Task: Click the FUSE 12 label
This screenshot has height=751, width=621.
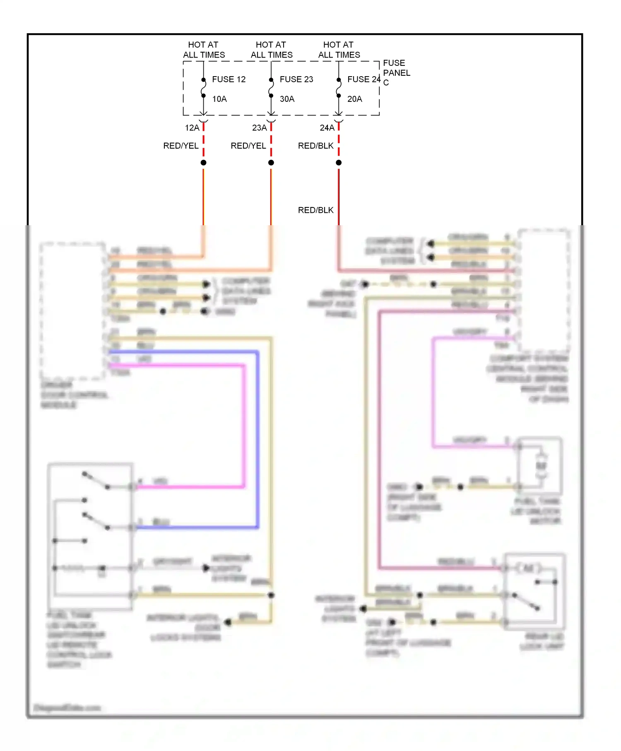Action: click(229, 79)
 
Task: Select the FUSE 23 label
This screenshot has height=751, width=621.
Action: click(296, 79)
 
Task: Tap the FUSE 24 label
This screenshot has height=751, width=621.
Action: click(363, 79)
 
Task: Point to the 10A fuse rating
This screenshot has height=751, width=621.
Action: click(219, 99)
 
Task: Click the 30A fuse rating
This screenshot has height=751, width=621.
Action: click(287, 99)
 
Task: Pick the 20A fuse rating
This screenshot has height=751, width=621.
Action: click(354, 99)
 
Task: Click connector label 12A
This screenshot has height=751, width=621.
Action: click(192, 128)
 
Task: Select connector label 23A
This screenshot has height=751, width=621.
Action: click(260, 128)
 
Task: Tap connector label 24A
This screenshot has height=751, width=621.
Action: click(327, 128)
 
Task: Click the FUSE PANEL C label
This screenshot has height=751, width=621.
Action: click(396, 72)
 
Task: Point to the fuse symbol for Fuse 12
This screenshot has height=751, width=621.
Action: click(203, 88)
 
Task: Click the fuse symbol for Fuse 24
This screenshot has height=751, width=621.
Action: click(339, 88)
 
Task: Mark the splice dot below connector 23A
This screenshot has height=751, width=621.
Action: click(271, 163)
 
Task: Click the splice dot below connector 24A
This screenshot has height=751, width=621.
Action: click(339, 163)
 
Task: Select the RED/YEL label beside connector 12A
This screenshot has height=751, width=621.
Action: click(181, 146)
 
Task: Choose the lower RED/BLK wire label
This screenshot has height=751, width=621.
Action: click(315, 210)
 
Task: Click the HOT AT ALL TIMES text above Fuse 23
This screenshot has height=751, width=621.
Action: click(271, 50)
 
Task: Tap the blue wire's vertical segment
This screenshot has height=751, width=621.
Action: click(258, 439)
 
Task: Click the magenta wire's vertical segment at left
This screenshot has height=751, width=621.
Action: click(244, 426)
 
